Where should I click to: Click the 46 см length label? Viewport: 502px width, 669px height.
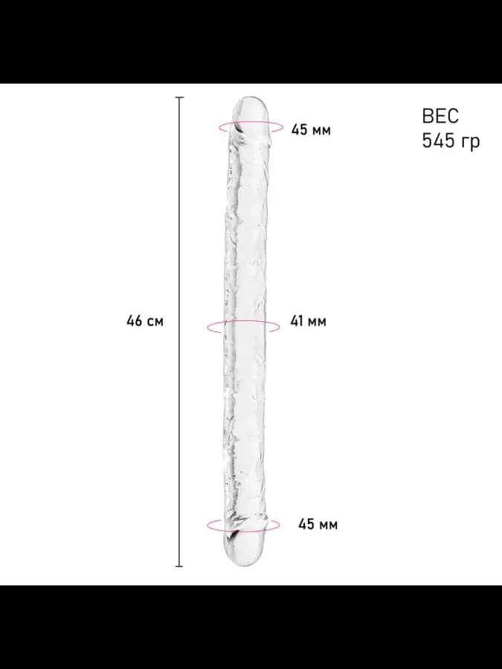tap(145, 321)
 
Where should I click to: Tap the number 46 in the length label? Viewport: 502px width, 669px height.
tap(134, 321)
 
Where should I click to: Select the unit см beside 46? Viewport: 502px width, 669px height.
tap(155, 322)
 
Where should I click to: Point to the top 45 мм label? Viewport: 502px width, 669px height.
tap(311, 129)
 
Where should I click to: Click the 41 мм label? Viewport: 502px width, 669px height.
tap(308, 321)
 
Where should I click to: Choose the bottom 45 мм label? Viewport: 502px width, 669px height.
tap(318, 524)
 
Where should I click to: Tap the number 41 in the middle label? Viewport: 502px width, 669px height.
tap(297, 321)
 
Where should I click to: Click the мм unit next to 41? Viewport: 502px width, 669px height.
tap(317, 322)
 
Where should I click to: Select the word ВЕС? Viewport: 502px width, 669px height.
tap(440, 116)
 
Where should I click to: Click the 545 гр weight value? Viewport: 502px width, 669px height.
tap(451, 140)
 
